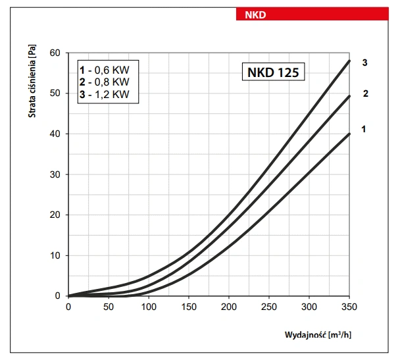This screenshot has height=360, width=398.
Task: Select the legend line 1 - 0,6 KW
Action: click(105, 70)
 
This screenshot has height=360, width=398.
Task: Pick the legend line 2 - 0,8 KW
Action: click(105, 82)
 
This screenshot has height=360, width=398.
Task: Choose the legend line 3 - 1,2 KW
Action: click(105, 95)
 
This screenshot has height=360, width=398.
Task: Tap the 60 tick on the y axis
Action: click(55, 53)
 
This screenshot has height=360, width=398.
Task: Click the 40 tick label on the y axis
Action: click(55, 134)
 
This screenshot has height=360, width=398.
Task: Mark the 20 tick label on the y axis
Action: click(55, 215)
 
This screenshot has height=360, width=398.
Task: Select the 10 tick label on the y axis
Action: click(55, 255)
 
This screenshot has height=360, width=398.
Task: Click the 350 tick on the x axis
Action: click(349, 307)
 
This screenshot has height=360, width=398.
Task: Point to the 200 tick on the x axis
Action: click(229, 307)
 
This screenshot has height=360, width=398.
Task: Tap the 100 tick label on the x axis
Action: click(149, 307)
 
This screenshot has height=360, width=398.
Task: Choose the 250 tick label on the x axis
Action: click(269, 307)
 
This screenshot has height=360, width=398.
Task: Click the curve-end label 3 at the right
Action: click(364, 63)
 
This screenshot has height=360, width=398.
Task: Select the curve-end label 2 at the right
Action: click(364, 93)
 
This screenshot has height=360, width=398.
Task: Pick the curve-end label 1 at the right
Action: click(363, 129)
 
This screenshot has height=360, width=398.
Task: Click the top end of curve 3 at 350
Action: click(349, 61)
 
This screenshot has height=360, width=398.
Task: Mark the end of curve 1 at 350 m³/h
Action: click(349, 134)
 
